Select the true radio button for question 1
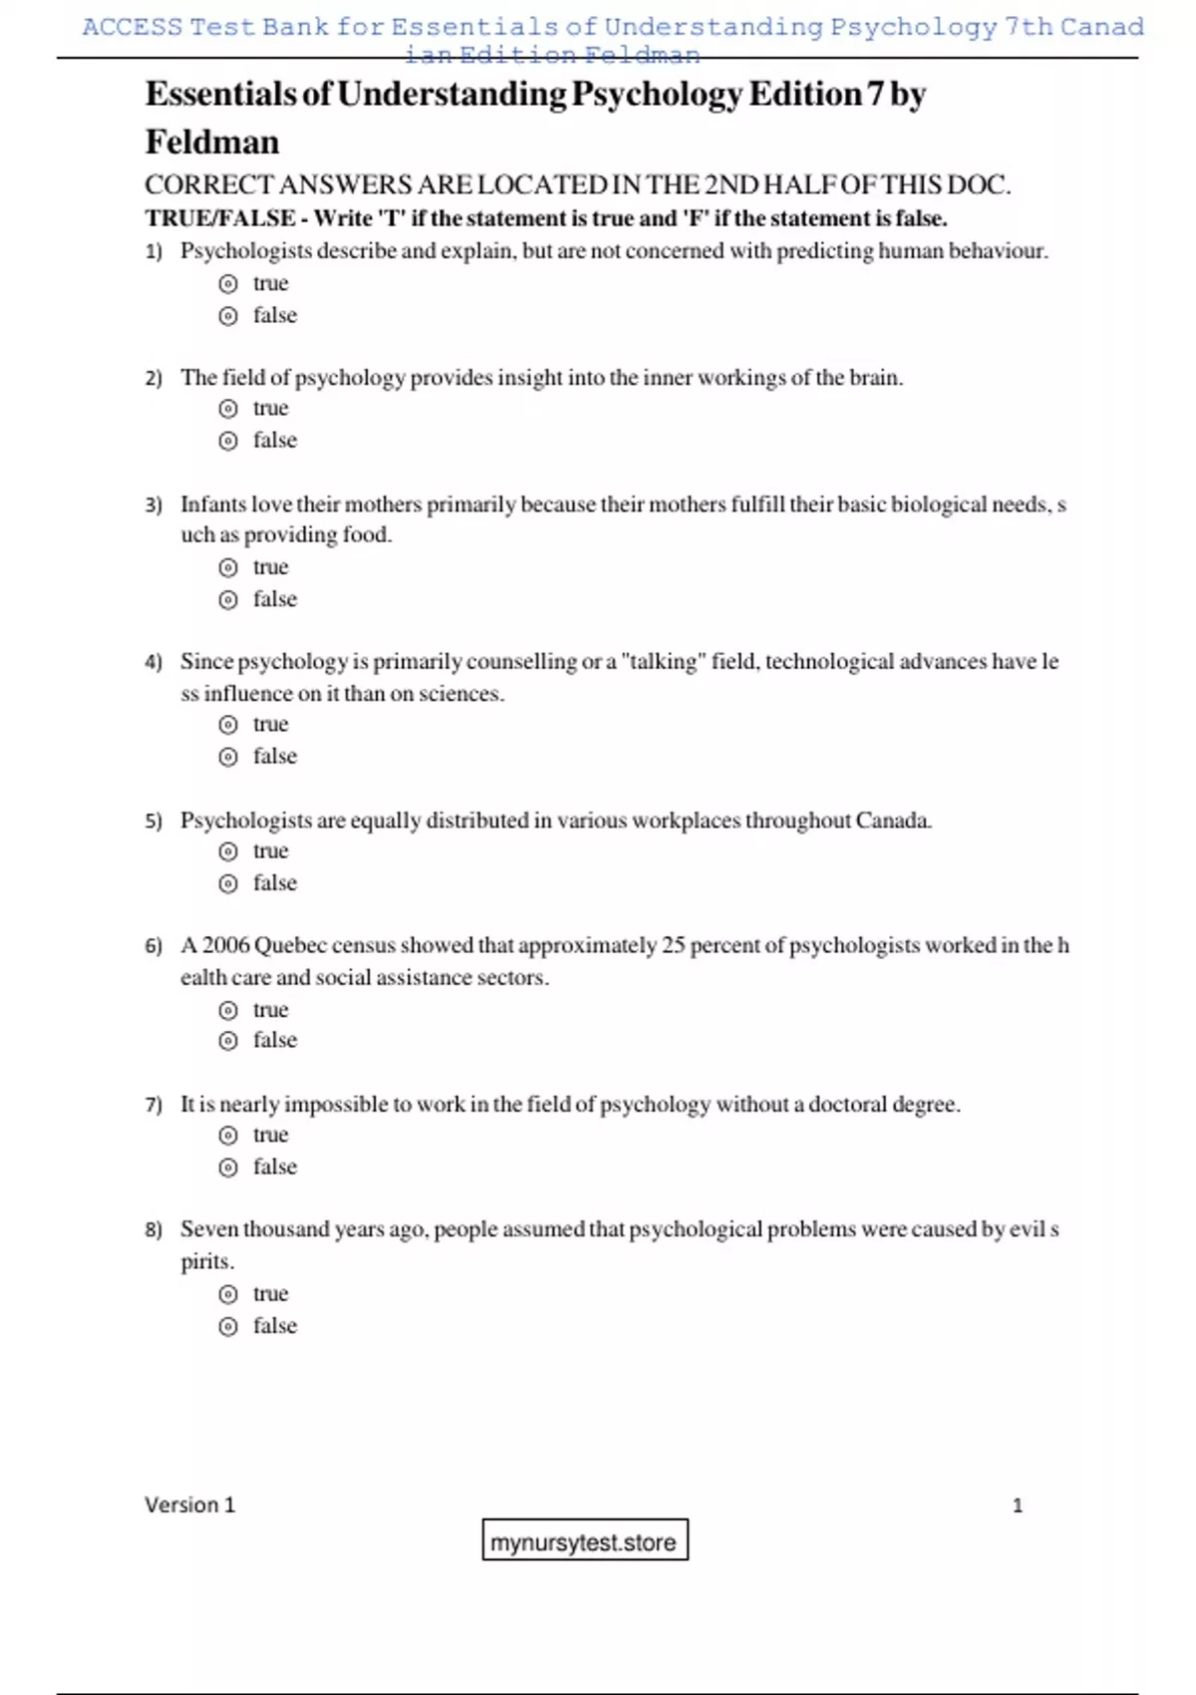(228, 284)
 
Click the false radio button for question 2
(228, 441)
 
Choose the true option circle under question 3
(228, 568)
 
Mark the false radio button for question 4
(228, 758)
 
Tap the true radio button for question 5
(228, 851)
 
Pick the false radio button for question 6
(228, 1041)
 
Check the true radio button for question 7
(228, 1136)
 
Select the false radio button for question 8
(228, 1327)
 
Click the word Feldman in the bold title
(212, 143)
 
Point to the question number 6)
(153, 946)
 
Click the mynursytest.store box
(584, 1541)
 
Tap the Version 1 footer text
(189, 1505)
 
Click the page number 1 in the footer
(1017, 1506)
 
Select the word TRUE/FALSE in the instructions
(220, 218)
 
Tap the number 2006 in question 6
(226, 945)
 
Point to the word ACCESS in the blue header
(133, 27)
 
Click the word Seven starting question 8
(208, 1229)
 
